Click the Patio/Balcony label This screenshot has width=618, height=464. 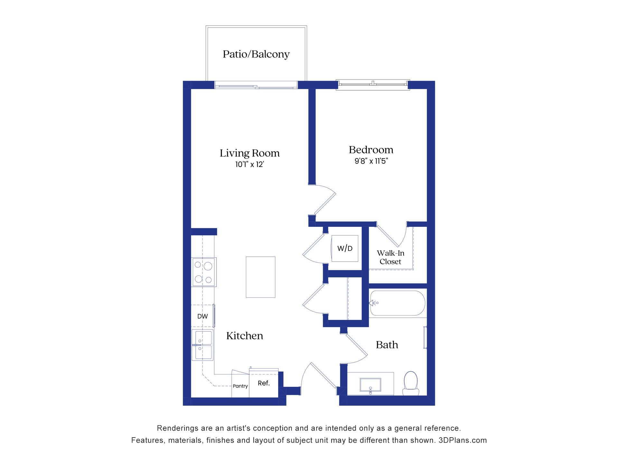(256, 54)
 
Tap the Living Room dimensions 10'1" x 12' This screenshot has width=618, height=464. (249, 164)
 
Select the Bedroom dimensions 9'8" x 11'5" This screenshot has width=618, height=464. (371, 161)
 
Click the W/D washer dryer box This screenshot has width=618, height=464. (345, 248)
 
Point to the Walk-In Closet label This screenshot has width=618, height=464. (390, 257)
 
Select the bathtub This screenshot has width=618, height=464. (398, 303)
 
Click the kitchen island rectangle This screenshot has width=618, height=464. (260, 277)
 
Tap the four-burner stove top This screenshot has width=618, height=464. (204, 272)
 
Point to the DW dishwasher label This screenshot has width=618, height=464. (202, 316)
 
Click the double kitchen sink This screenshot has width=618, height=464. (202, 345)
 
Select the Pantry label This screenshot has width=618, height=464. (240, 386)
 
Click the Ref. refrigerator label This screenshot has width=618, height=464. (264, 383)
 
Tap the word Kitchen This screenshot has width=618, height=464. (245, 336)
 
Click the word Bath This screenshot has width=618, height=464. (387, 345)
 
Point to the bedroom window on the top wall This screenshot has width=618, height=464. (373, 84)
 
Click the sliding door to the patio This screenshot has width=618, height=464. (256, 86)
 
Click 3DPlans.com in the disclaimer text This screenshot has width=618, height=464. (463, 440)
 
